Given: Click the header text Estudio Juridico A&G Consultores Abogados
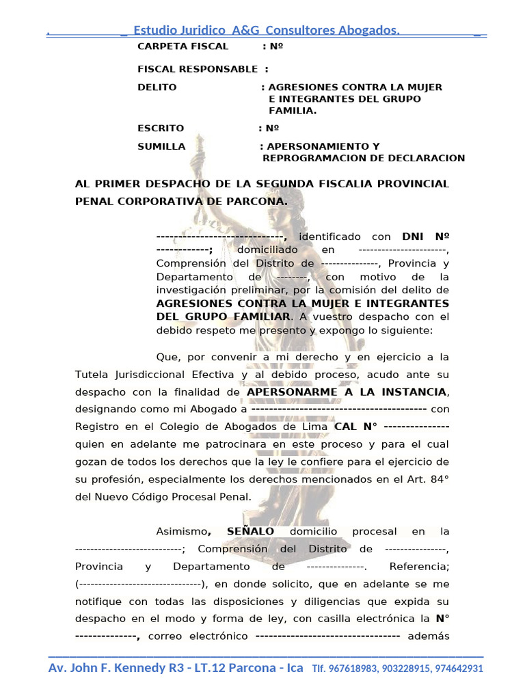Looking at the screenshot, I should click(267, 30).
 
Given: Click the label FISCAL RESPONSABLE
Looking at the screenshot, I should click(198, 69).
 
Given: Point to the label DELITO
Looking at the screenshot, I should click(157, 87).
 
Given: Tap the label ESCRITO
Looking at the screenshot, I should click(161, 129).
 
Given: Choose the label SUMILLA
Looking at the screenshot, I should click(161, 146).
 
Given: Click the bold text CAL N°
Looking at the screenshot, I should click(356, 427).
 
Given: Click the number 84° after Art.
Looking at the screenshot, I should click(437, 480).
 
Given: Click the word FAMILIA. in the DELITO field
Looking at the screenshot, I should click(293, 111).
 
